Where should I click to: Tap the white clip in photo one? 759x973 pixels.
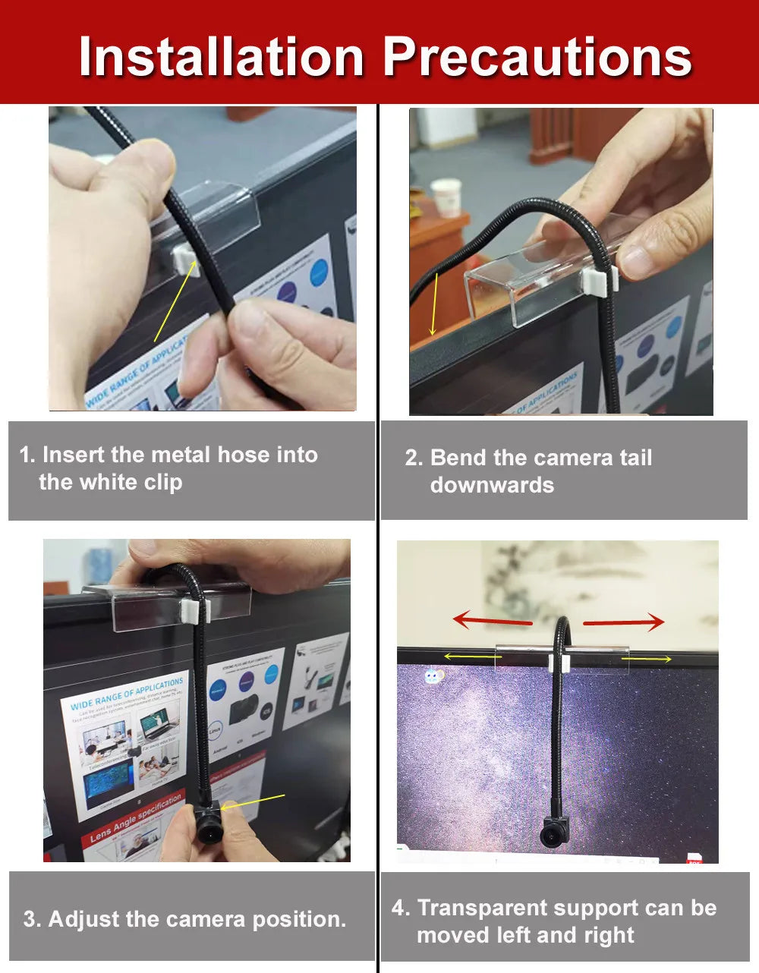coord(183,259)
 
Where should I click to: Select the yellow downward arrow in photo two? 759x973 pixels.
coord(434,304)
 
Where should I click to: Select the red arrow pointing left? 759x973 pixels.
coord(493,621)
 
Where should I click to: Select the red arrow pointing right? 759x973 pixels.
coord(624,622)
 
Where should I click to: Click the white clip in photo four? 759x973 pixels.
coord(555,662)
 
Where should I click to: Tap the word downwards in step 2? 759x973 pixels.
coord(492,485)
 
